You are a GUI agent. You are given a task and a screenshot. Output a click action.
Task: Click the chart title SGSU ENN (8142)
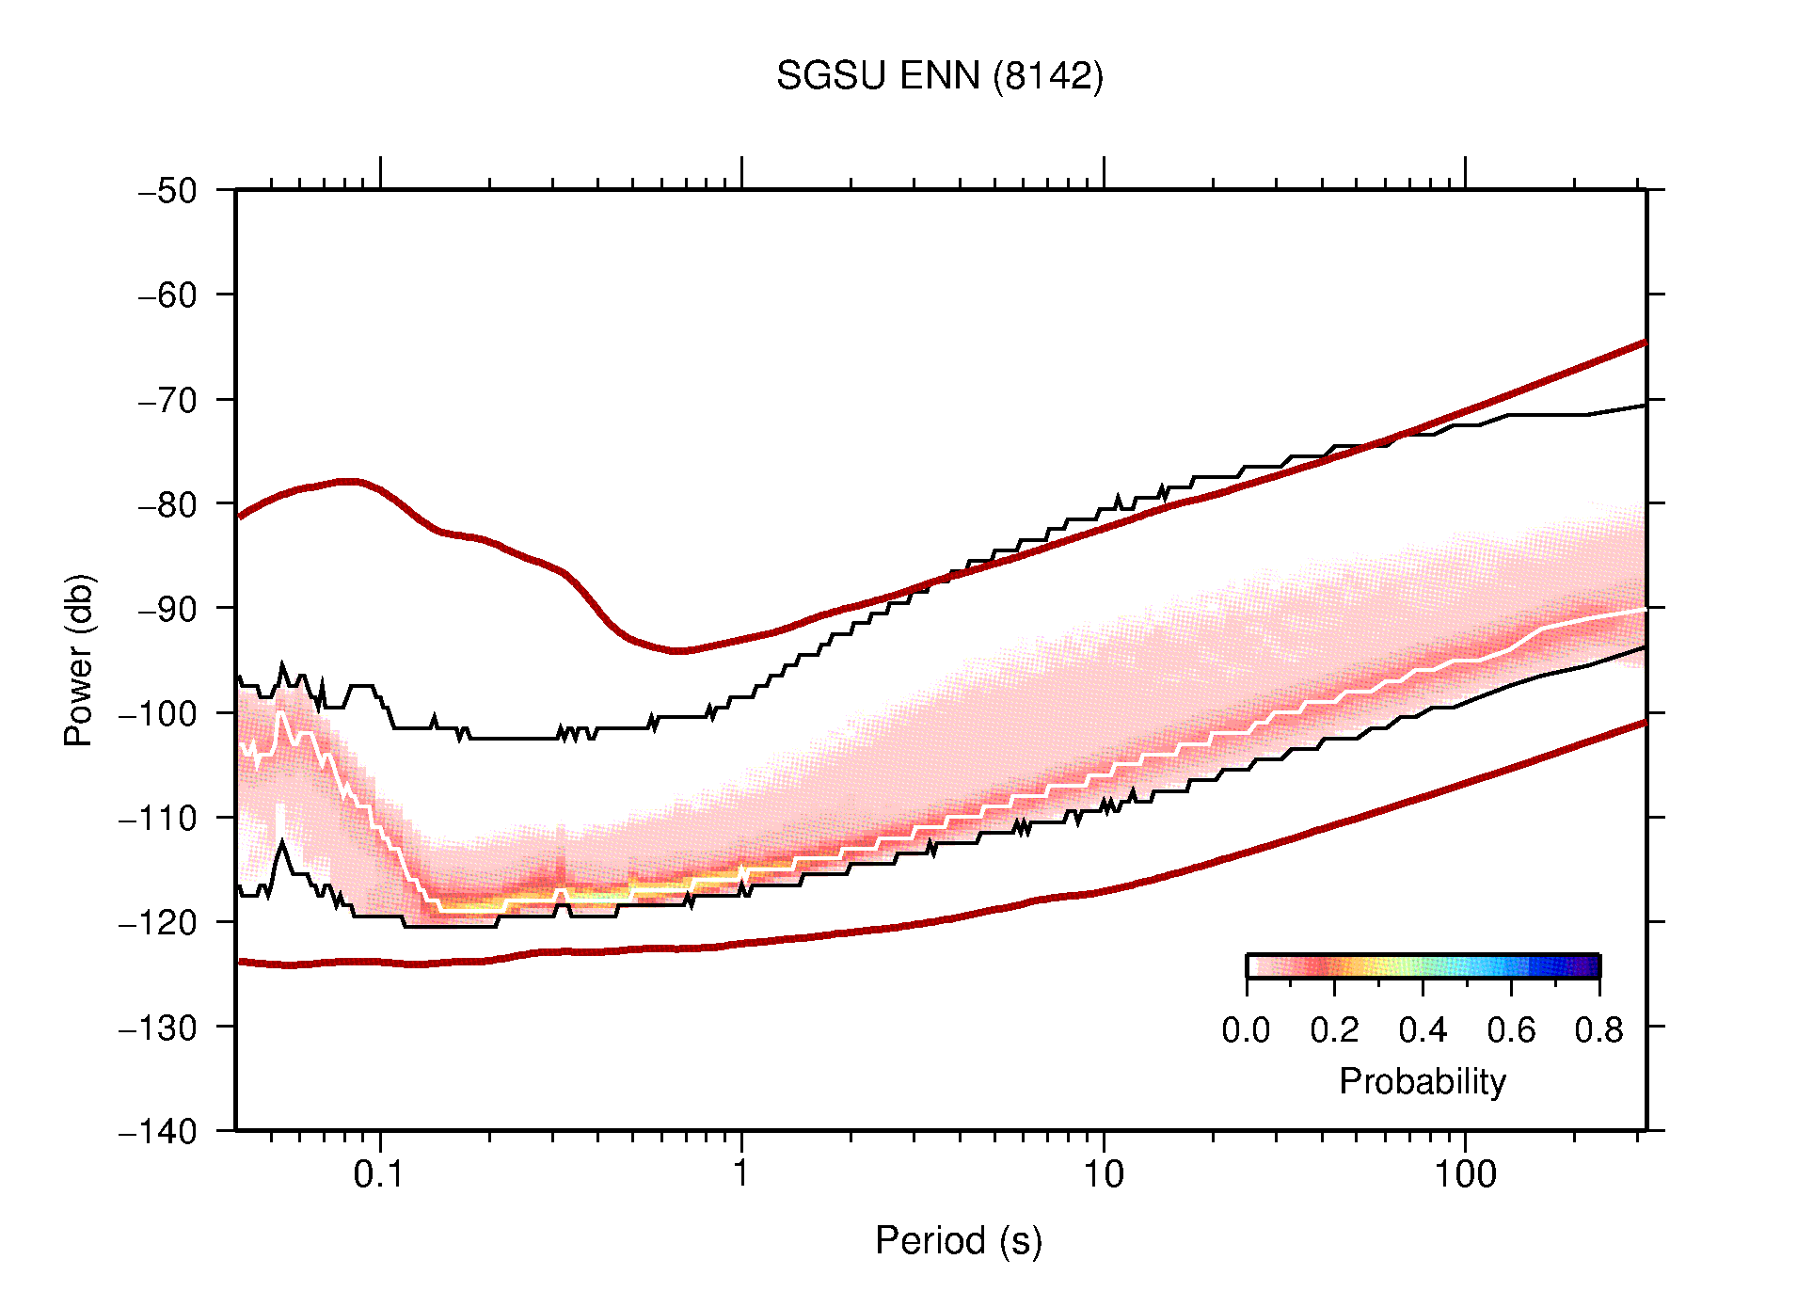point(939,76)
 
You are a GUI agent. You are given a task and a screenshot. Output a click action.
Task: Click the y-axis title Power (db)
point(79,660)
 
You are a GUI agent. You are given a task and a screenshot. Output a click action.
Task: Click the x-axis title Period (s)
point(958,1240)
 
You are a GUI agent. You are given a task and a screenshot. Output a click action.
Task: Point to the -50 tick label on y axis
point(167,191)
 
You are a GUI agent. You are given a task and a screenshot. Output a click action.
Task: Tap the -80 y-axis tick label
point(167,504)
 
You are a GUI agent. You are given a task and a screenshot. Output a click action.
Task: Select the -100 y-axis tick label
point(158,713)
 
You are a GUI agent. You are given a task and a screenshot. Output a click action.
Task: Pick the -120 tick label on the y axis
point(158,922)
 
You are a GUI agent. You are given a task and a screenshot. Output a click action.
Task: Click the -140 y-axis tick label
point(158,1131)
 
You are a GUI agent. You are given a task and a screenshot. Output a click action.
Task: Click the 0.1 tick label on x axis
point(379,1174)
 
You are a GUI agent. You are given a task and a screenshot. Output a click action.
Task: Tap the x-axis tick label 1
point(741,1174)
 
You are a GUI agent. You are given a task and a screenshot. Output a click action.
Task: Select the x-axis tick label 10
point(1103,1174)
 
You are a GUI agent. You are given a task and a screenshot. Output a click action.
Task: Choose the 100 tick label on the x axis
point(1464,1174)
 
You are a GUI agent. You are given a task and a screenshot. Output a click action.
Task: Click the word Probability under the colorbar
point(1422,1081)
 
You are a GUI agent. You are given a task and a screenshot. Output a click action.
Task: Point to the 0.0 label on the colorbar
point(1246,1030)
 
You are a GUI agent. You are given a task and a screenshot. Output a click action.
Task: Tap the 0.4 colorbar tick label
point(1423,1030)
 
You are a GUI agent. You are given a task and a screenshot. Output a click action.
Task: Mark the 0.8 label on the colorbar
point(1598,1030)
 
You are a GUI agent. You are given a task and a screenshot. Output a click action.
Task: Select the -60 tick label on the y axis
point(167,295)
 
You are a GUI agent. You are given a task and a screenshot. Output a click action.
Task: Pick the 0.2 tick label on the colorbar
point(1334,1030)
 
